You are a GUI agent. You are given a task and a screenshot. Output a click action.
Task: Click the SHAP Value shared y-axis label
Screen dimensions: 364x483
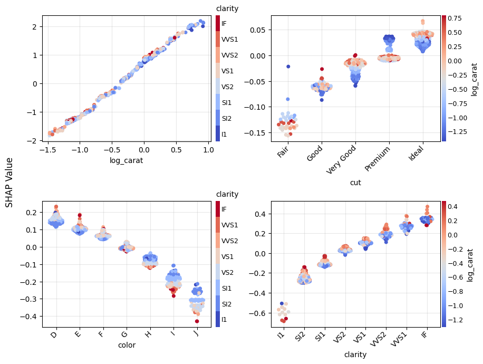tap(10, 182)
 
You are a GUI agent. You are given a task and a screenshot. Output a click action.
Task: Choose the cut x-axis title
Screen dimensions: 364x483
tap(355, 183)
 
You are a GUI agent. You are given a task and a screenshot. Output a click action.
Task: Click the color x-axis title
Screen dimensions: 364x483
tap(127, 346)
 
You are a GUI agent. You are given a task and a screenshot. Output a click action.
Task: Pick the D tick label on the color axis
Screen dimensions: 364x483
tap(54, 335)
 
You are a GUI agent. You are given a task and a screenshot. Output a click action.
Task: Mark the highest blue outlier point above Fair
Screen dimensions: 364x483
tap(288, 66)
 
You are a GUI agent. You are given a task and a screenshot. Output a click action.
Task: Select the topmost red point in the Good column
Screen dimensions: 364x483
tap(322, 69)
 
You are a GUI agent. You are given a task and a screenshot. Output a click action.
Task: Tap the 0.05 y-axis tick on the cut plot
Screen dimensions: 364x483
tap(246, 30)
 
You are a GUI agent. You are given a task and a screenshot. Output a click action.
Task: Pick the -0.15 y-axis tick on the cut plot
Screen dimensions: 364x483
tap(244, 132)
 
